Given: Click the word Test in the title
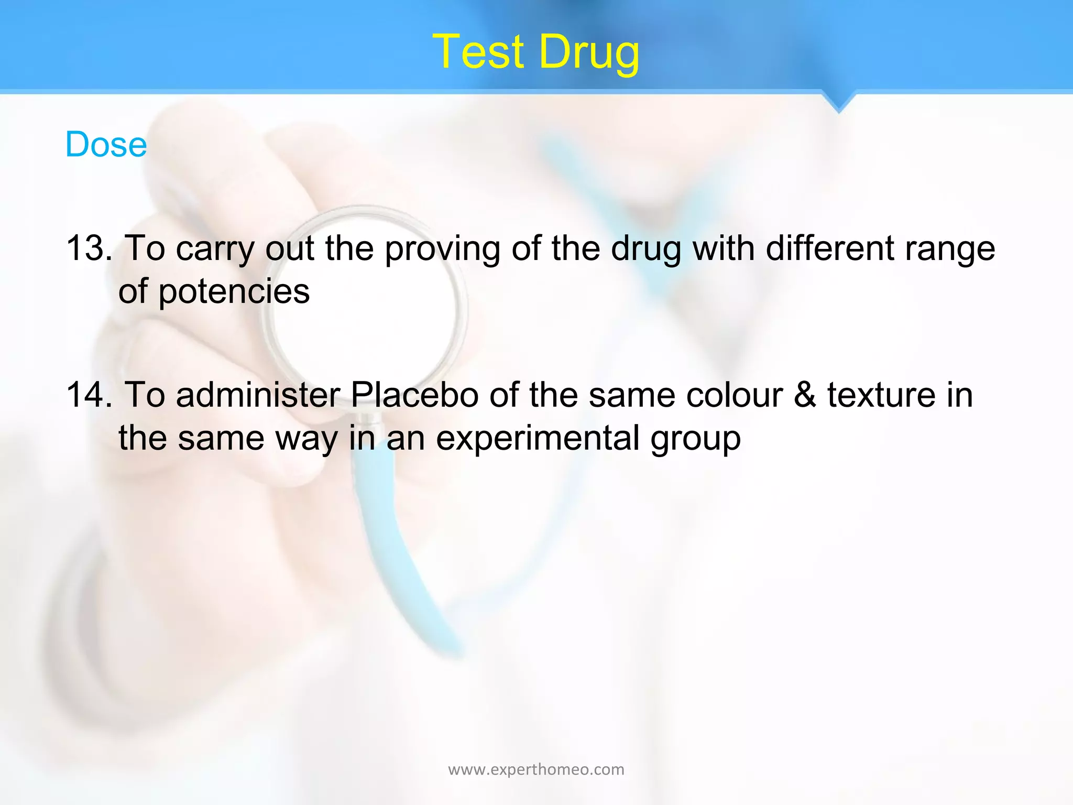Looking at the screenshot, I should point(478,51).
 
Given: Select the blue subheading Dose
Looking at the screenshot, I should point(106,144).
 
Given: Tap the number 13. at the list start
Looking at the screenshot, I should point(89,248).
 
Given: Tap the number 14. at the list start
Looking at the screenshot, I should point(89,395).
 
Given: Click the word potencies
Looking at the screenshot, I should point(234,291).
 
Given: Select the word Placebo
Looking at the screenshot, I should point(414,395).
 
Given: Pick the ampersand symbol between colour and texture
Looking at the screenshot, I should point(805,395).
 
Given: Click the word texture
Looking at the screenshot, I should point(881,395).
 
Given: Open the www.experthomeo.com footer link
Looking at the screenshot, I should point(536,769).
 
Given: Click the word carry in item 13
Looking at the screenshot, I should point(215,249).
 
